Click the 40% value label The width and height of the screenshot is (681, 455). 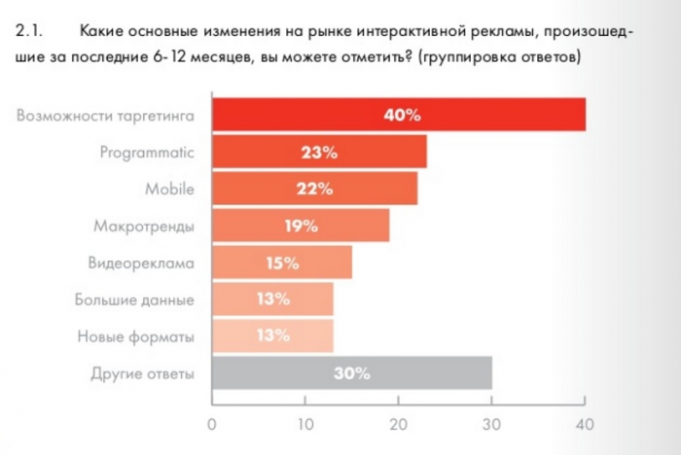coord(402,116)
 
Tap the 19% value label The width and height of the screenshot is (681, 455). coord(301,227)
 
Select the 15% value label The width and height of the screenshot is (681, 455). coord(282,263)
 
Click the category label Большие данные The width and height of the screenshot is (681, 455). coord(135,299)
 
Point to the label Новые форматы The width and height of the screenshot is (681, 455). coord(136,336)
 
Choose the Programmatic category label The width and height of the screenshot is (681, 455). coord(148,152)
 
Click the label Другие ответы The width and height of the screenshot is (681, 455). coord(143,373)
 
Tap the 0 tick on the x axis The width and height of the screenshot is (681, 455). coord(212,423)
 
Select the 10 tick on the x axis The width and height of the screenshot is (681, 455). coord(305,423)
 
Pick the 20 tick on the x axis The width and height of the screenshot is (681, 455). coord(398,423)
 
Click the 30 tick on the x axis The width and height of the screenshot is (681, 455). coord(491,423)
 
